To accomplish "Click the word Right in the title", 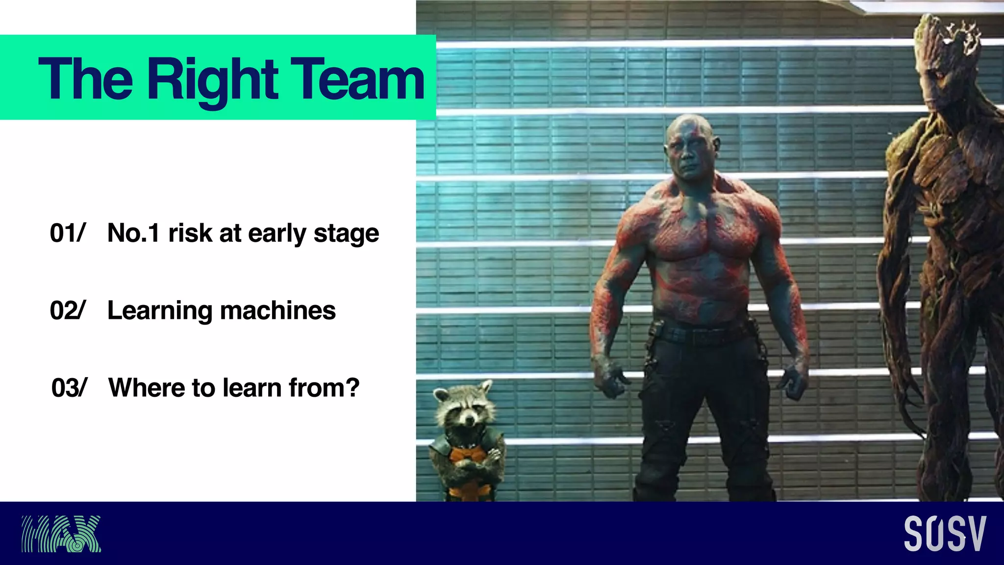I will coord(212,79).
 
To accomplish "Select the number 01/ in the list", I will coord(68,233).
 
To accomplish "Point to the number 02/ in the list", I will coord(68,310).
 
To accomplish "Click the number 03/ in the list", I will coord(69,388).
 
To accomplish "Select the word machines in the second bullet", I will coord(278,310).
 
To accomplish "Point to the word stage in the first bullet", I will coord(346,234).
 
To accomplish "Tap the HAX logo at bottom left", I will coord(61,534).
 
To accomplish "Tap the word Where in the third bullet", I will coord(147,388).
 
